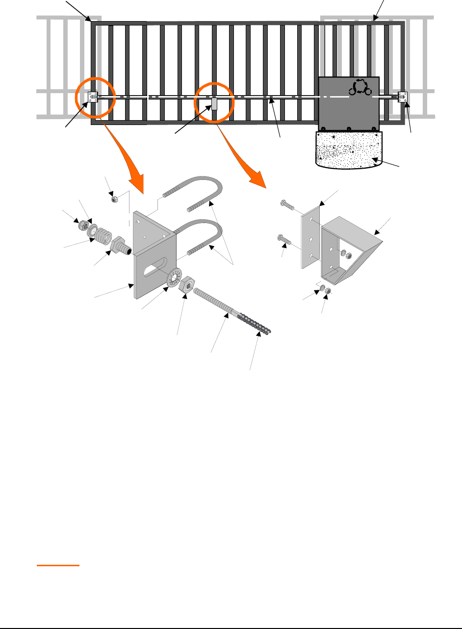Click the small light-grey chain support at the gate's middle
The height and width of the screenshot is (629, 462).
(215, 103)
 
